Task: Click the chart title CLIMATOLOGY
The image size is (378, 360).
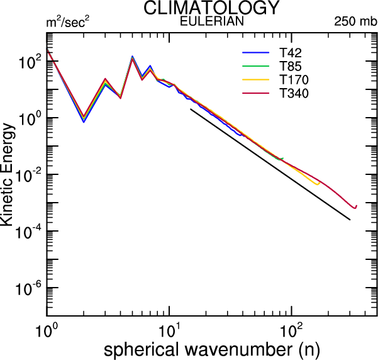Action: point(211,8)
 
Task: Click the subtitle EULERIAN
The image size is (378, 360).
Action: point(211,21)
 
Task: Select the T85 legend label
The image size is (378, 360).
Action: point(291,65)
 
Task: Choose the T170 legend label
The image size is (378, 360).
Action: point(294,80)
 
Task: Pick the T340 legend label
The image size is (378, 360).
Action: point(294,94)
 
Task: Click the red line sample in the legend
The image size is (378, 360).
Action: point(255,94)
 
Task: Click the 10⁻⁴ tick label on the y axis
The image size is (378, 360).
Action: point(29,233)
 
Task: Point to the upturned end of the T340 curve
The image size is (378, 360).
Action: point(356,206)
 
